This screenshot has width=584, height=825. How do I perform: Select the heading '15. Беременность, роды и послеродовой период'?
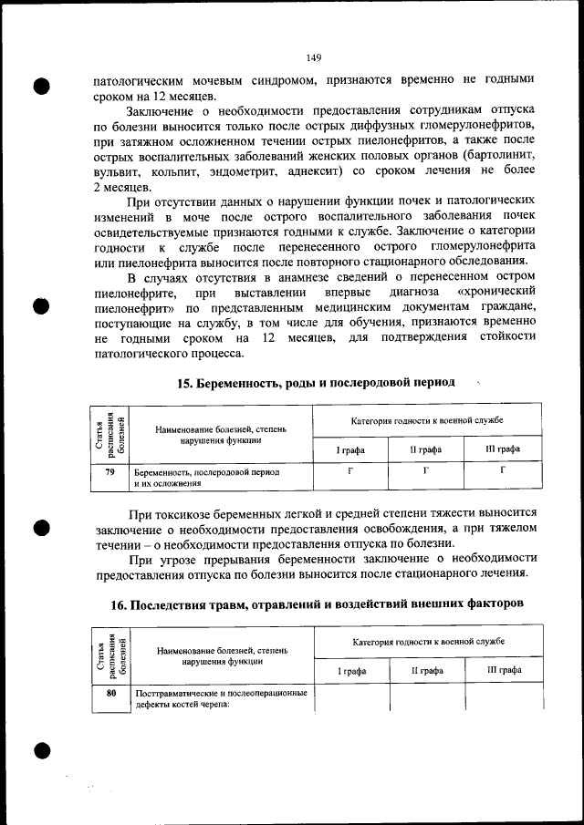pos(315,382)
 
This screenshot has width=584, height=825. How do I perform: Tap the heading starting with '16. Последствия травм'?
pos(315,605)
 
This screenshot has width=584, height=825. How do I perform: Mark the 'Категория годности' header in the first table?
pos(427,420)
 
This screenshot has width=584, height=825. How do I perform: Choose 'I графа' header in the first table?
pos(350,449)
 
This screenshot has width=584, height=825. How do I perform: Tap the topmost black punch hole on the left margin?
pos(41,88)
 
